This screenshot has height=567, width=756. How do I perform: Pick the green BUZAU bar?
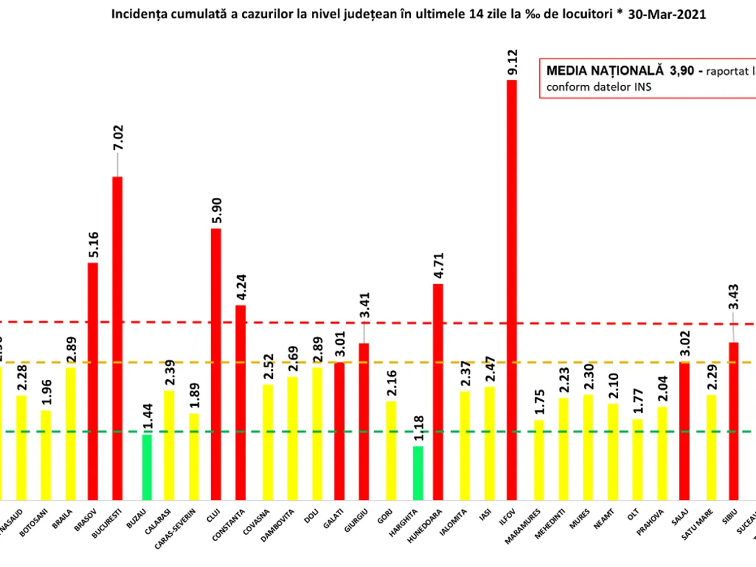[147, 467]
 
